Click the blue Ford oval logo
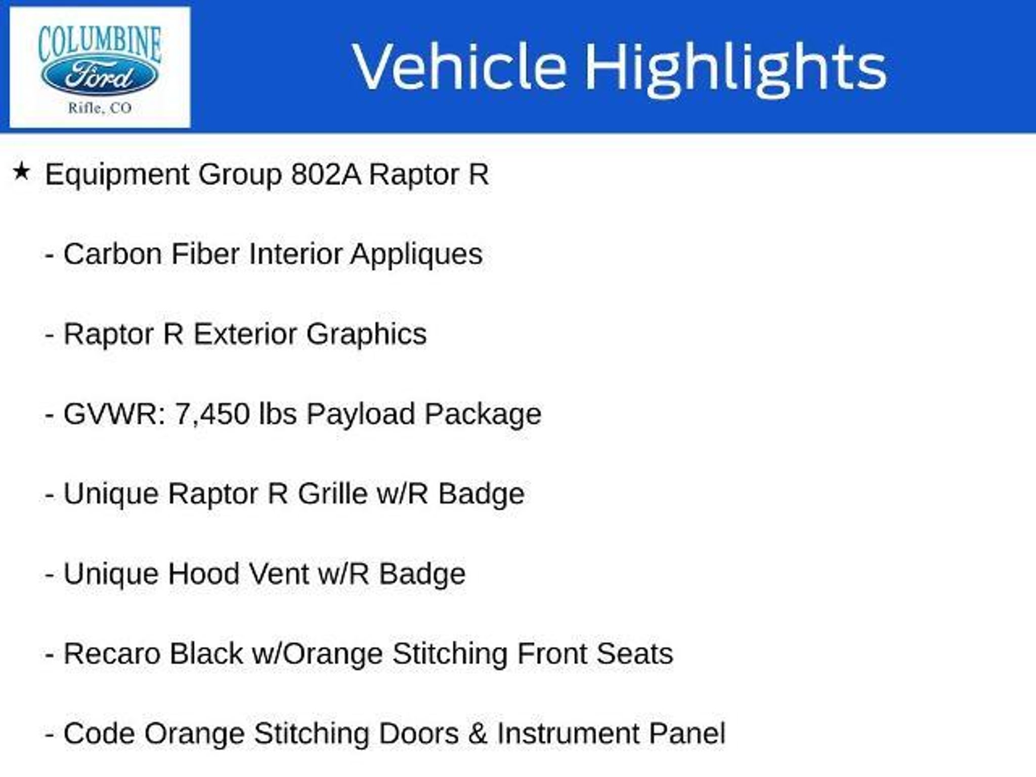tap(99, 77)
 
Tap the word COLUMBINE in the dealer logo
tap(100, 45)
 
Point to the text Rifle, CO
tap(100, 108)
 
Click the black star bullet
tap(21, 171)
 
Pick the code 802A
tap(326, 175)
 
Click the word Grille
tap(332, 494)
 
